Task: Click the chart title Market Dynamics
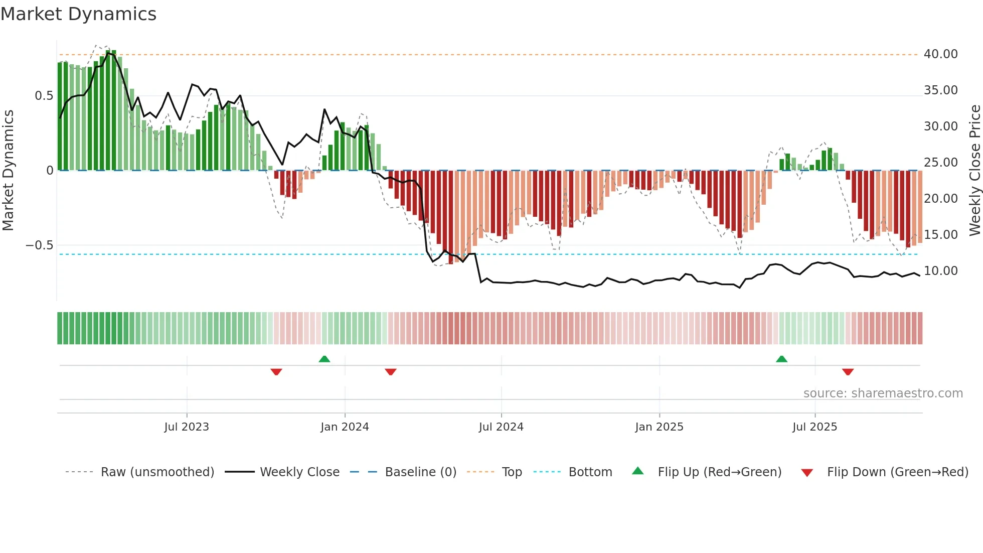click(78, 14)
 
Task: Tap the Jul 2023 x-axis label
click(187, 427)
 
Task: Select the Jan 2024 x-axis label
click(345, 427)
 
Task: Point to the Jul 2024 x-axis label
click(501, 427)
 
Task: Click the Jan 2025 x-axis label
click(659, 427)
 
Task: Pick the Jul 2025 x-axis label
click(814, 427)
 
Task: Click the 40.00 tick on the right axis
click(940, 54)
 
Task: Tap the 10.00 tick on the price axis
click(940, 271)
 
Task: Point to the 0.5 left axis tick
click(44, 96)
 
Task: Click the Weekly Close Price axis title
click(974, 170)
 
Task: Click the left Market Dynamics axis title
click(8, 170)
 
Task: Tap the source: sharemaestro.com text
click(883, 393)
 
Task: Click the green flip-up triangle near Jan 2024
click(324, 359)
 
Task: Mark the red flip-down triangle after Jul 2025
click(848, 372)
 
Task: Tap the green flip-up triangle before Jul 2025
click(781, 359)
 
